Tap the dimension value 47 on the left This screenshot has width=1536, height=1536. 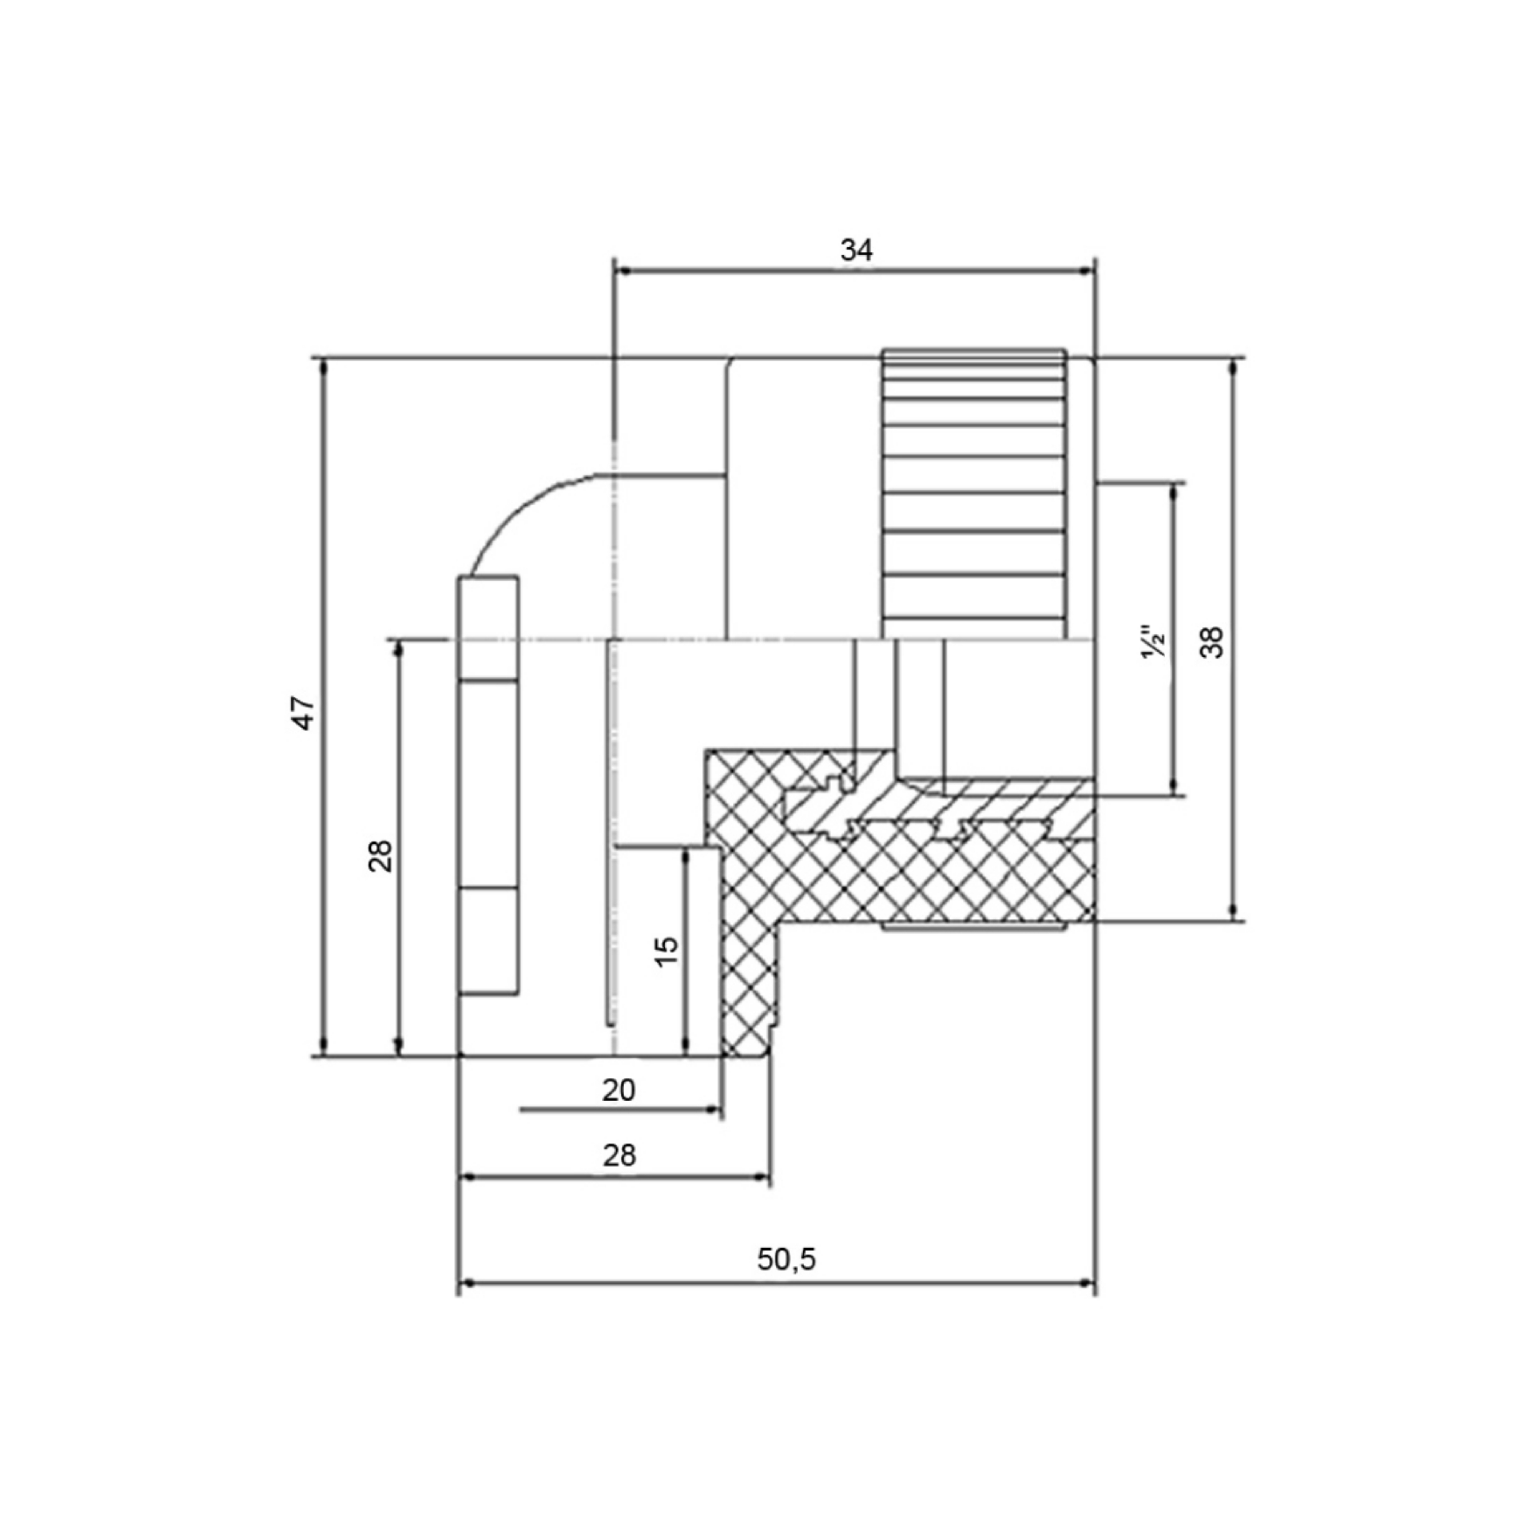[x=305, y=713]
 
